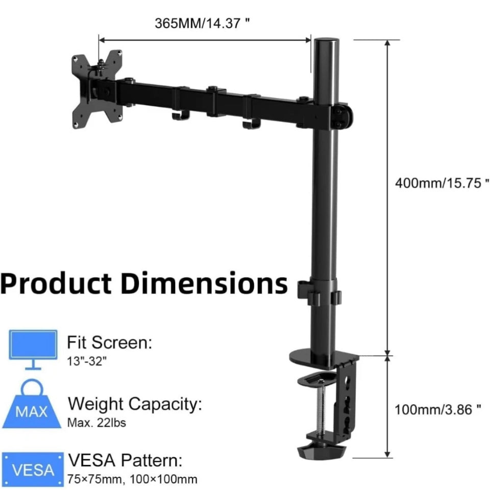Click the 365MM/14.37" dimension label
(202, 23)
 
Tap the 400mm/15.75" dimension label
(442, 183)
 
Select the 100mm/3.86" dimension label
(437, 409)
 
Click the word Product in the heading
(56, 283)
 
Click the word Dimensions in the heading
(204, 283)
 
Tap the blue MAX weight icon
(32, 404)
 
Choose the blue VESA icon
(33, 470)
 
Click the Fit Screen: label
(110, 342)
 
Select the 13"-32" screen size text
(87, 361)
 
